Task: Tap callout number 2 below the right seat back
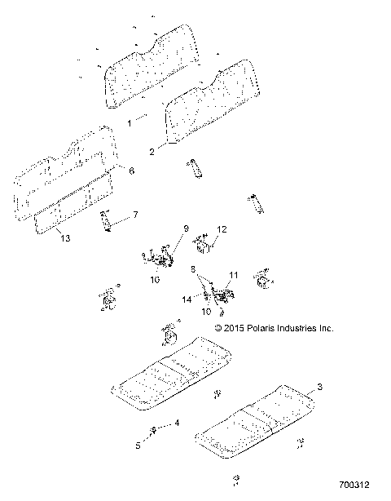pyautogui.click(x=151, y=152)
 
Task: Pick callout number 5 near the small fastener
pyautogui.click(x=138, y=446)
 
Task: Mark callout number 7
pyautogui.click(x=135, y=215)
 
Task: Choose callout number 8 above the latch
pyautogui.click(x=192, y=268)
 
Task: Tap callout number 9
pyautogui.click(x=185, y=228)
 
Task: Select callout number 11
pyautogui.click(x=233, y=275)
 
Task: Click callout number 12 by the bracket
pyautogui.click(x=222, y=229)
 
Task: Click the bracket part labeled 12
pyautogui.click(x=203, y=242)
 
